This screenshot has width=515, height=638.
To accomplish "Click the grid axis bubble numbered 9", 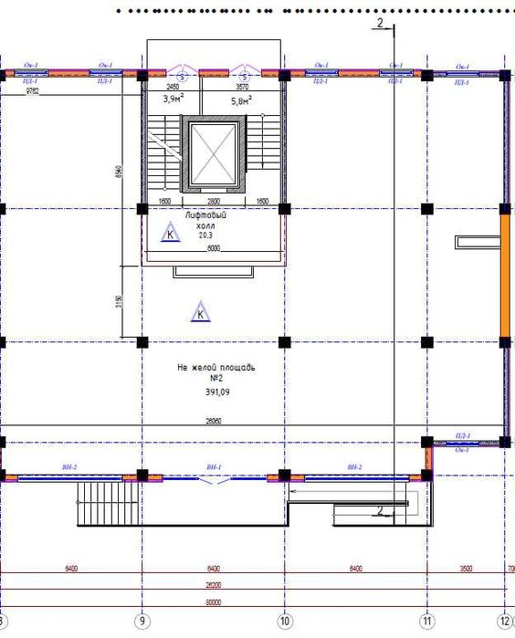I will click(x=142, y=621).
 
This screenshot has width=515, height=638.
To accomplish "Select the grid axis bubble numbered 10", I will click(x=284, y=621).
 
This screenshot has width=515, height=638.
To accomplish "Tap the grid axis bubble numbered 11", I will click(x=426, y=621).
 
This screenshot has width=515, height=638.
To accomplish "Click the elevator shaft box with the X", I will click(x=213, y=153).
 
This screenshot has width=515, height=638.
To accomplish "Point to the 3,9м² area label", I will click(x=173, y=99).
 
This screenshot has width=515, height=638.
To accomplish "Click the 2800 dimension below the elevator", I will click(x=213, y=200).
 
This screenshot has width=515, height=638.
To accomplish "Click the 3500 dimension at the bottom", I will click(x=466, y=569).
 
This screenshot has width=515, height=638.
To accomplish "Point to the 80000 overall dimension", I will click(x=214, y=602).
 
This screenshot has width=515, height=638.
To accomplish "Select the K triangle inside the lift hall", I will click(x=168, y=234).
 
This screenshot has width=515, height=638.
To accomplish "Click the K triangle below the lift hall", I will click(x=200, y=313).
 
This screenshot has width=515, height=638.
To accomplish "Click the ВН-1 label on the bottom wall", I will click(x=214, y=467).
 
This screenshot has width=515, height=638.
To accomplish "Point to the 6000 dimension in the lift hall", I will click(x=213, y=247).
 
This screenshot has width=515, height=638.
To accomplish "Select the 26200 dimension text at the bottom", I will click(x=214, y=586).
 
